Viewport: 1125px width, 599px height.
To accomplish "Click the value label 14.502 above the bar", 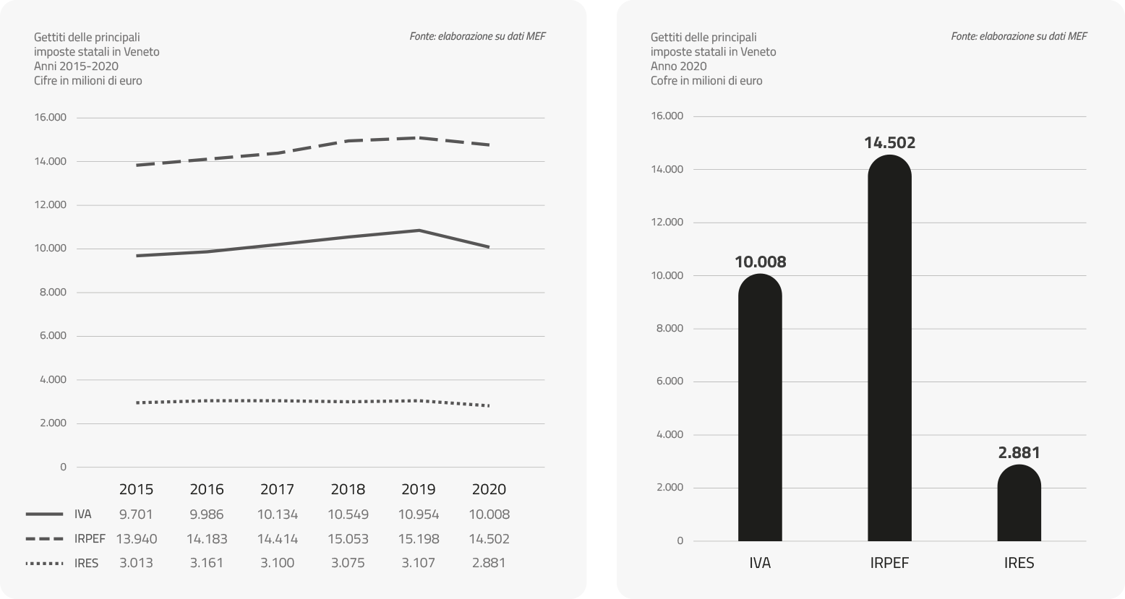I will tap(889, 143).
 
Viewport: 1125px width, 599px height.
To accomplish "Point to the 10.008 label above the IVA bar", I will tap(760, 262).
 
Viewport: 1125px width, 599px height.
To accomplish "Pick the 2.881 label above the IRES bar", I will tap(1019, 453).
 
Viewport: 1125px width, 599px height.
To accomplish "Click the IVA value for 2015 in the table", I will tap(136, 515).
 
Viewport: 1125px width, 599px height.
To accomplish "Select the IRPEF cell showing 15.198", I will tap(418, 539).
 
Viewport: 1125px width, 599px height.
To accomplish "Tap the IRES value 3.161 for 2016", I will tap(207, 563).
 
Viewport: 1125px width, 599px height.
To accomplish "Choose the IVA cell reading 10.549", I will tap(348, 515).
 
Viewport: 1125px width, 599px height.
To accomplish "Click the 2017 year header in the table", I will tap(277, 490).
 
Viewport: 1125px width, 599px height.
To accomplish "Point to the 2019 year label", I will tap(418, 490).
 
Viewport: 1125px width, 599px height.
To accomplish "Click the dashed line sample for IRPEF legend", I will tap(44, 539).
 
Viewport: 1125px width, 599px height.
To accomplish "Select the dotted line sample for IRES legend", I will tap(44, 563).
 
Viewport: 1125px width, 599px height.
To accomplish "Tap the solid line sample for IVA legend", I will tap(44, 515).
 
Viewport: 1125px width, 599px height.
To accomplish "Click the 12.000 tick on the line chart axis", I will tap(50, 205).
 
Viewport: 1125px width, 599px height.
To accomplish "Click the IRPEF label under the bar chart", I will tap(889, 564).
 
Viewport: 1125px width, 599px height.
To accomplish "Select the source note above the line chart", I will tap(477, 36).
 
